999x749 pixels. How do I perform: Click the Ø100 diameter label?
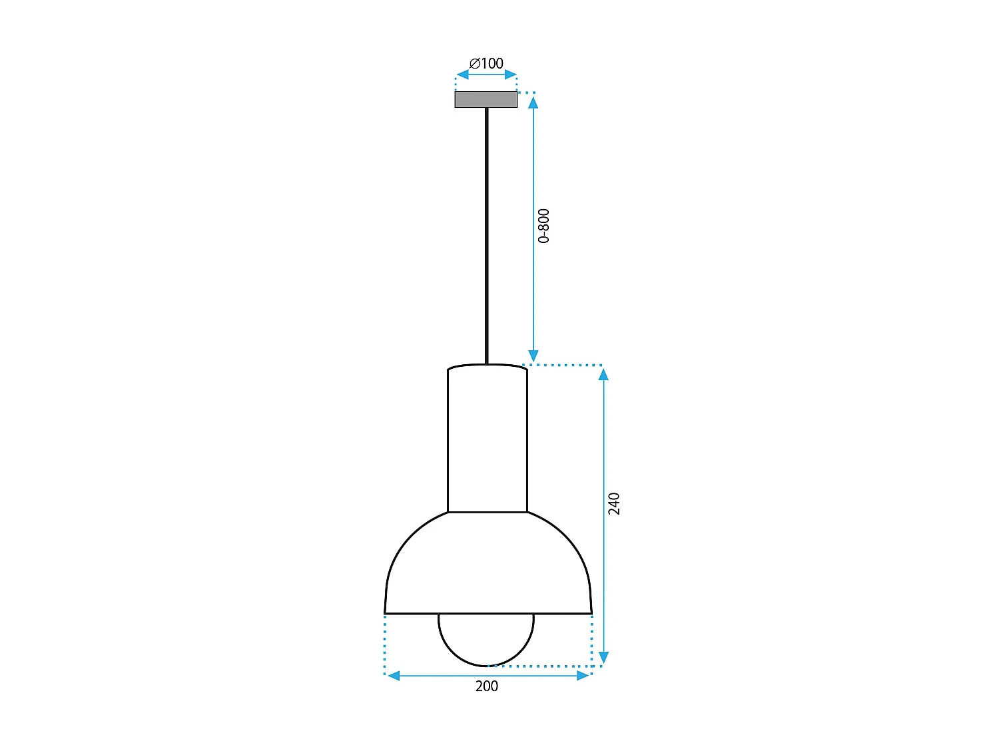click(x=487, y=63)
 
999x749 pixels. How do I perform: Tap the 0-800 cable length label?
click(x=544, y=226)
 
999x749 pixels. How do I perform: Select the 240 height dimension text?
click(x=614, y=503)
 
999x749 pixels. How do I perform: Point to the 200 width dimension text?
click(x=486, y=686)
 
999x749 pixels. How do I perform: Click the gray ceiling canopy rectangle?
click(x=486, y=99)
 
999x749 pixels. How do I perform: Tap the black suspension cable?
click(x=487, y=233)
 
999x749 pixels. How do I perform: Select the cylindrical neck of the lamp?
click(x=488, y=439)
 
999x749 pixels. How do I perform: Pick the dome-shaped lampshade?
click(x=488, y=566)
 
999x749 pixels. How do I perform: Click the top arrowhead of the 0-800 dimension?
click(x=533, y=102)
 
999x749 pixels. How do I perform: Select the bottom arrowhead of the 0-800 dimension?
click(x=533, y=356)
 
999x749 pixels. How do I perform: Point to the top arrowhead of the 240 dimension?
click(x=603, y=374)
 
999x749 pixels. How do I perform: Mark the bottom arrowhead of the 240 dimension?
click(x=603, y=658)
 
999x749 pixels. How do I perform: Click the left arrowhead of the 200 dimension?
click(x=394, y=676)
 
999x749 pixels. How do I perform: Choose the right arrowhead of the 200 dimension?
click(x=583, y=676)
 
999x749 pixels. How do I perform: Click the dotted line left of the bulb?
click(x=385, y=642)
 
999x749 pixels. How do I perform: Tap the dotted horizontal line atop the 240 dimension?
click(x=566, y=365)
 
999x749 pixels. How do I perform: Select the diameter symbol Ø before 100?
click(x=475, y=63)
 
